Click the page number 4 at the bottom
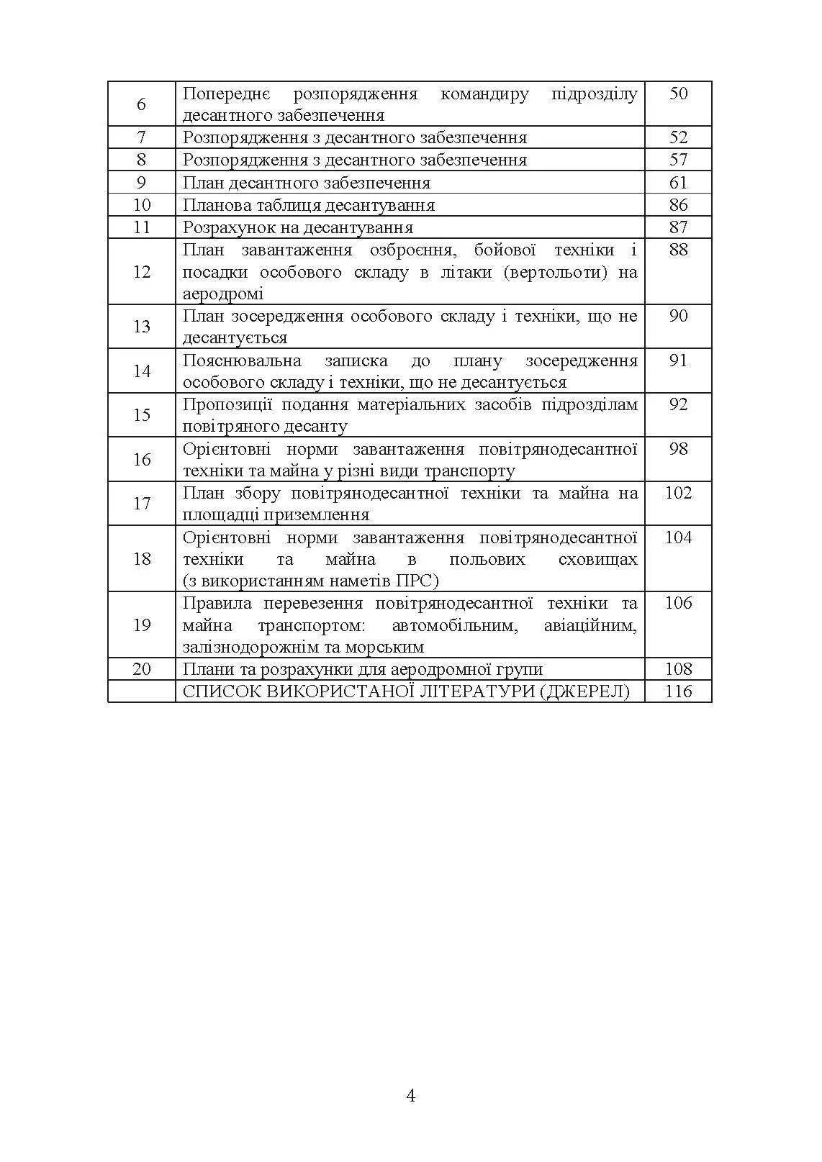(x=411, y=1096)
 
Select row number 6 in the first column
(x=141, y=104)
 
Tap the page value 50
(x=678, y=94)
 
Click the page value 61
(x=678, y=183)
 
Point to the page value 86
(x=678, y=205)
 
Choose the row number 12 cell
(x=142, y=271)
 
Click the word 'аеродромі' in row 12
(x=223, y=294)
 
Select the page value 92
(x=678, y=404)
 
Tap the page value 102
(x=678, y=493)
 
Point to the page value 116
(x=678, y=691)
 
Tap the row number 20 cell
(x=142, y=669)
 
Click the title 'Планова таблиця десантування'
(x=309, y=205)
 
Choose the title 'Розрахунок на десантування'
(x=298, y=227)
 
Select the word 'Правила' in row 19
(x=213, y=603)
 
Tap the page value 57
(x=678, y=160)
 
